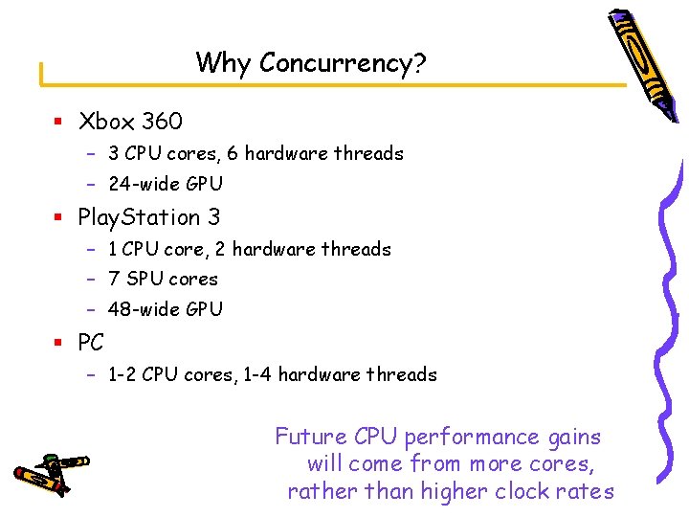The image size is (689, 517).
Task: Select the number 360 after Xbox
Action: (162, 122)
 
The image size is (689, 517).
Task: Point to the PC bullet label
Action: (91, 342)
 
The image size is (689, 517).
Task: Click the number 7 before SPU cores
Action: (114, 279)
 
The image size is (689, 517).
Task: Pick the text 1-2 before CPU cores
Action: (122, 374)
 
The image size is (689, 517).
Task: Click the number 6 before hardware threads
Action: (233, 153)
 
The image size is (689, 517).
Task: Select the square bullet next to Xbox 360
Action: (58, 122)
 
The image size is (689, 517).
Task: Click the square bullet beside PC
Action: (58, 342)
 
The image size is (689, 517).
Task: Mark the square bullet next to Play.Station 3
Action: (58, 217)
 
